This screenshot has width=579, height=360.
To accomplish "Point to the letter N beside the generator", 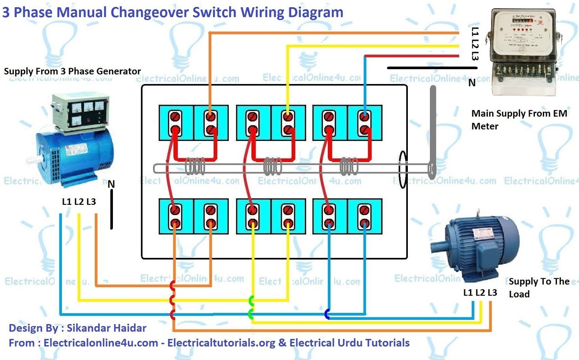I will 111,184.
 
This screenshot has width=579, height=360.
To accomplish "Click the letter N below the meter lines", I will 472,83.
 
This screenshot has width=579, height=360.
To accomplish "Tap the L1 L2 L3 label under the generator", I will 79,201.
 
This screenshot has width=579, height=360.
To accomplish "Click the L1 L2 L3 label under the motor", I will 480,292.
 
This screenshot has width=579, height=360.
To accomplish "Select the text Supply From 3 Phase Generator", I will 72,71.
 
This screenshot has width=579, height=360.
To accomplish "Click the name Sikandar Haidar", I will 106,328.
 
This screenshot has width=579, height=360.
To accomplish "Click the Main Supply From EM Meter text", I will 519,120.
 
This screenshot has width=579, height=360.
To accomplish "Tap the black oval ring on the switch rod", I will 402,169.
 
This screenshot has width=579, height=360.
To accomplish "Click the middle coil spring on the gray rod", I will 272,167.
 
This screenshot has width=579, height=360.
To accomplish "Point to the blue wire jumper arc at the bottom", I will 327,314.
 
